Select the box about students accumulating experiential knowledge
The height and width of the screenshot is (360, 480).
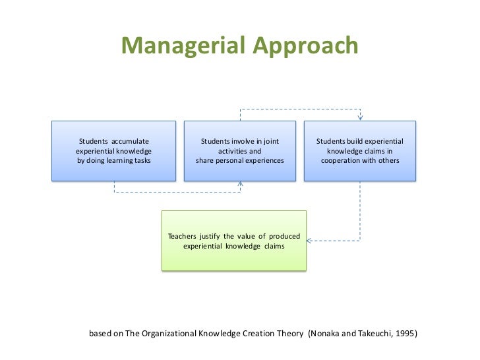114,150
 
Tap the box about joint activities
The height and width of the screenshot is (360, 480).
240,150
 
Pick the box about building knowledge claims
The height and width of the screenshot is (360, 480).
359,150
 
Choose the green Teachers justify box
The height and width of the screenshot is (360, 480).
234,241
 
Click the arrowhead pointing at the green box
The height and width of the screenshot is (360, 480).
310,241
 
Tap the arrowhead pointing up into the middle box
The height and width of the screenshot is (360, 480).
240,184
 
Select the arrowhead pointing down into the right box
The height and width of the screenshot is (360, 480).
360,118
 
